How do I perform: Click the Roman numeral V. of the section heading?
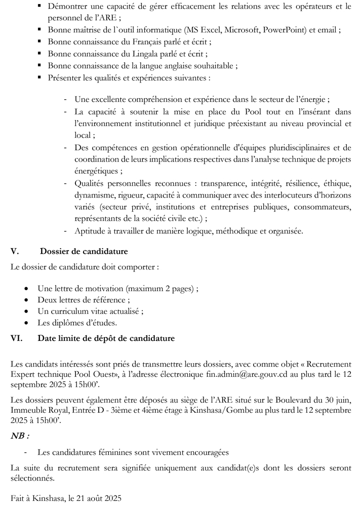pos(15,251)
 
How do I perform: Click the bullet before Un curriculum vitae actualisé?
pos(26,311)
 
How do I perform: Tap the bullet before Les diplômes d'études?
pos(26,323)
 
